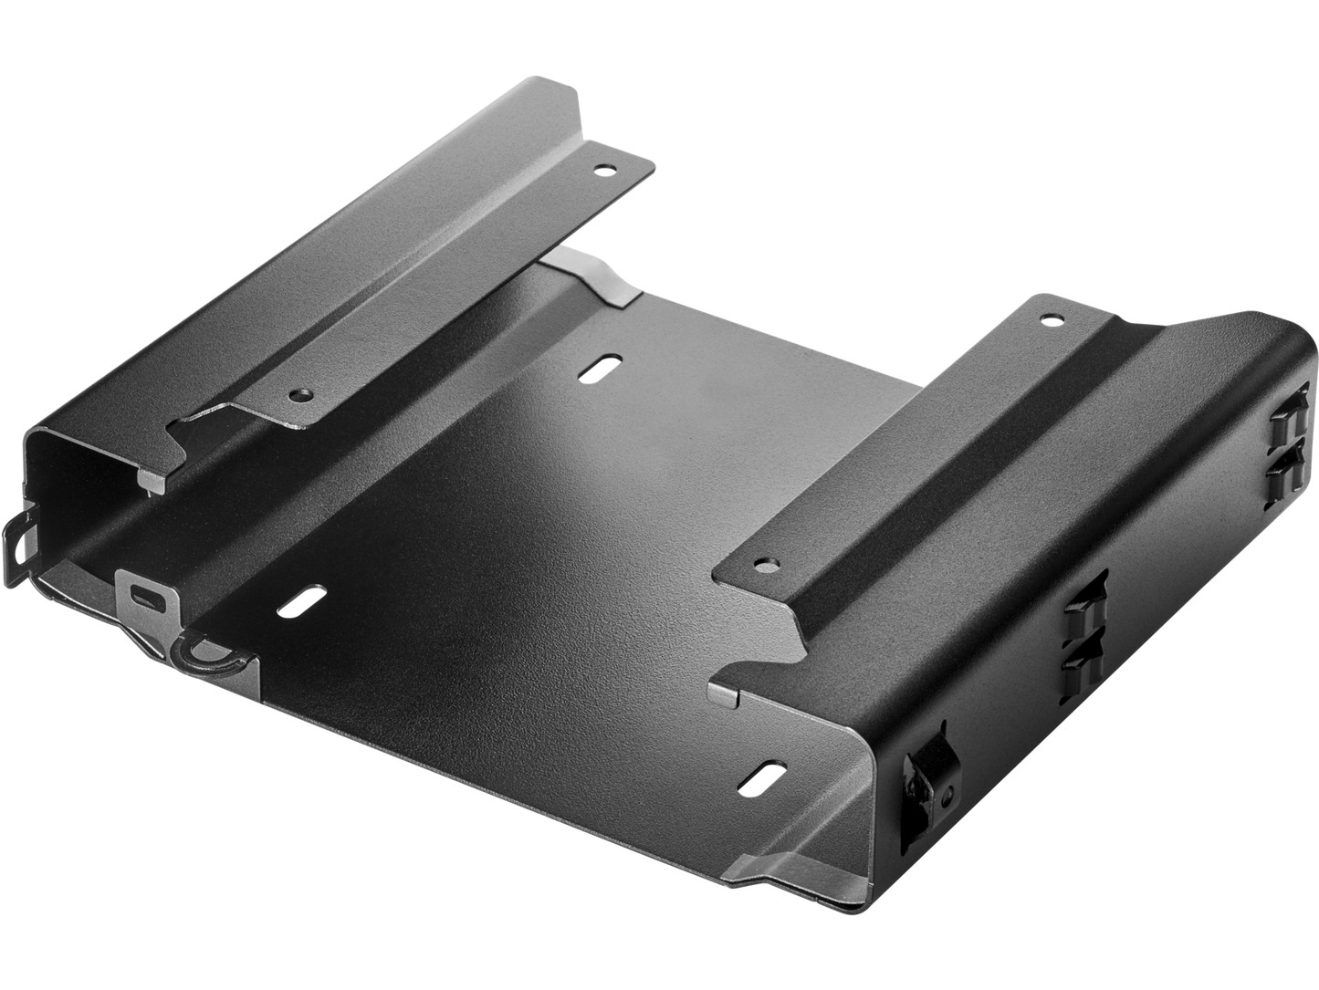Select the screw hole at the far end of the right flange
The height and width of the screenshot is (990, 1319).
tap(1049, 319)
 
